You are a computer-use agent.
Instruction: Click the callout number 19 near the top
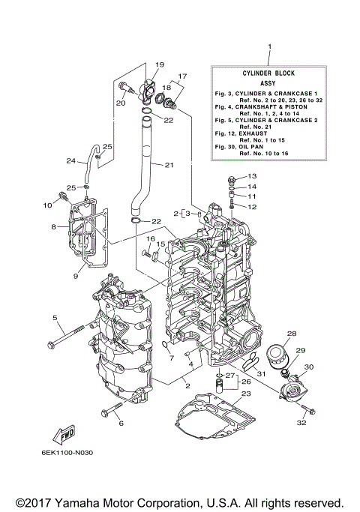pos(159,64)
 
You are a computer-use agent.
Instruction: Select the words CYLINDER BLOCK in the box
pos(268,73)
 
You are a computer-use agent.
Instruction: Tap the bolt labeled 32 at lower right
pos(310,409)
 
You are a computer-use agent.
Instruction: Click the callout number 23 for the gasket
pos(246,394)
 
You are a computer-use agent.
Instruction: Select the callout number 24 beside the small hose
pos(70,160)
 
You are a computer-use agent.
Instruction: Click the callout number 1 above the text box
pos(268,46)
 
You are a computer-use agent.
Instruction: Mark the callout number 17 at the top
pos(181,76)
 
